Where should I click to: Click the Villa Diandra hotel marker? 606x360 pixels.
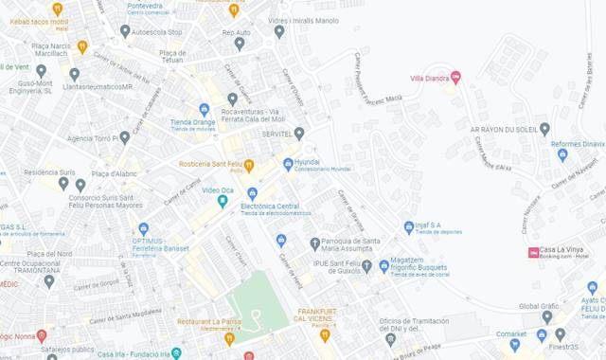pos(455,78)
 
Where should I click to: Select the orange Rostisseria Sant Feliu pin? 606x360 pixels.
pos(249,166)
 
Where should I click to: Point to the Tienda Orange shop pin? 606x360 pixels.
pos(204,110)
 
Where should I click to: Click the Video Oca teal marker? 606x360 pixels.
pos(223,200)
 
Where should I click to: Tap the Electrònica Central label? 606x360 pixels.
pos(270,206)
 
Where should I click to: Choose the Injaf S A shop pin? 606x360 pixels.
pos(409,226)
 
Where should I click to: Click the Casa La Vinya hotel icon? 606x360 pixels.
pos(533,252)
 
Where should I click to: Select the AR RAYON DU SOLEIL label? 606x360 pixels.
pos(504,129)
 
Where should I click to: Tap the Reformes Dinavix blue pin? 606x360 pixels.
pos(562,154)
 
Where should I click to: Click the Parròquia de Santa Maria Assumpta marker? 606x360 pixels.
pos(315,243)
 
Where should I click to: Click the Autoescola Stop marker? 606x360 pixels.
pos(125,31)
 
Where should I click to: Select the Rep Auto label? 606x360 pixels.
pos(236,32)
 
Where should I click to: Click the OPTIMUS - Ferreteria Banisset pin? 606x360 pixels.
pos(144,228)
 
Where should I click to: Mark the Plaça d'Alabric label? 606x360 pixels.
pos(113,173)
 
